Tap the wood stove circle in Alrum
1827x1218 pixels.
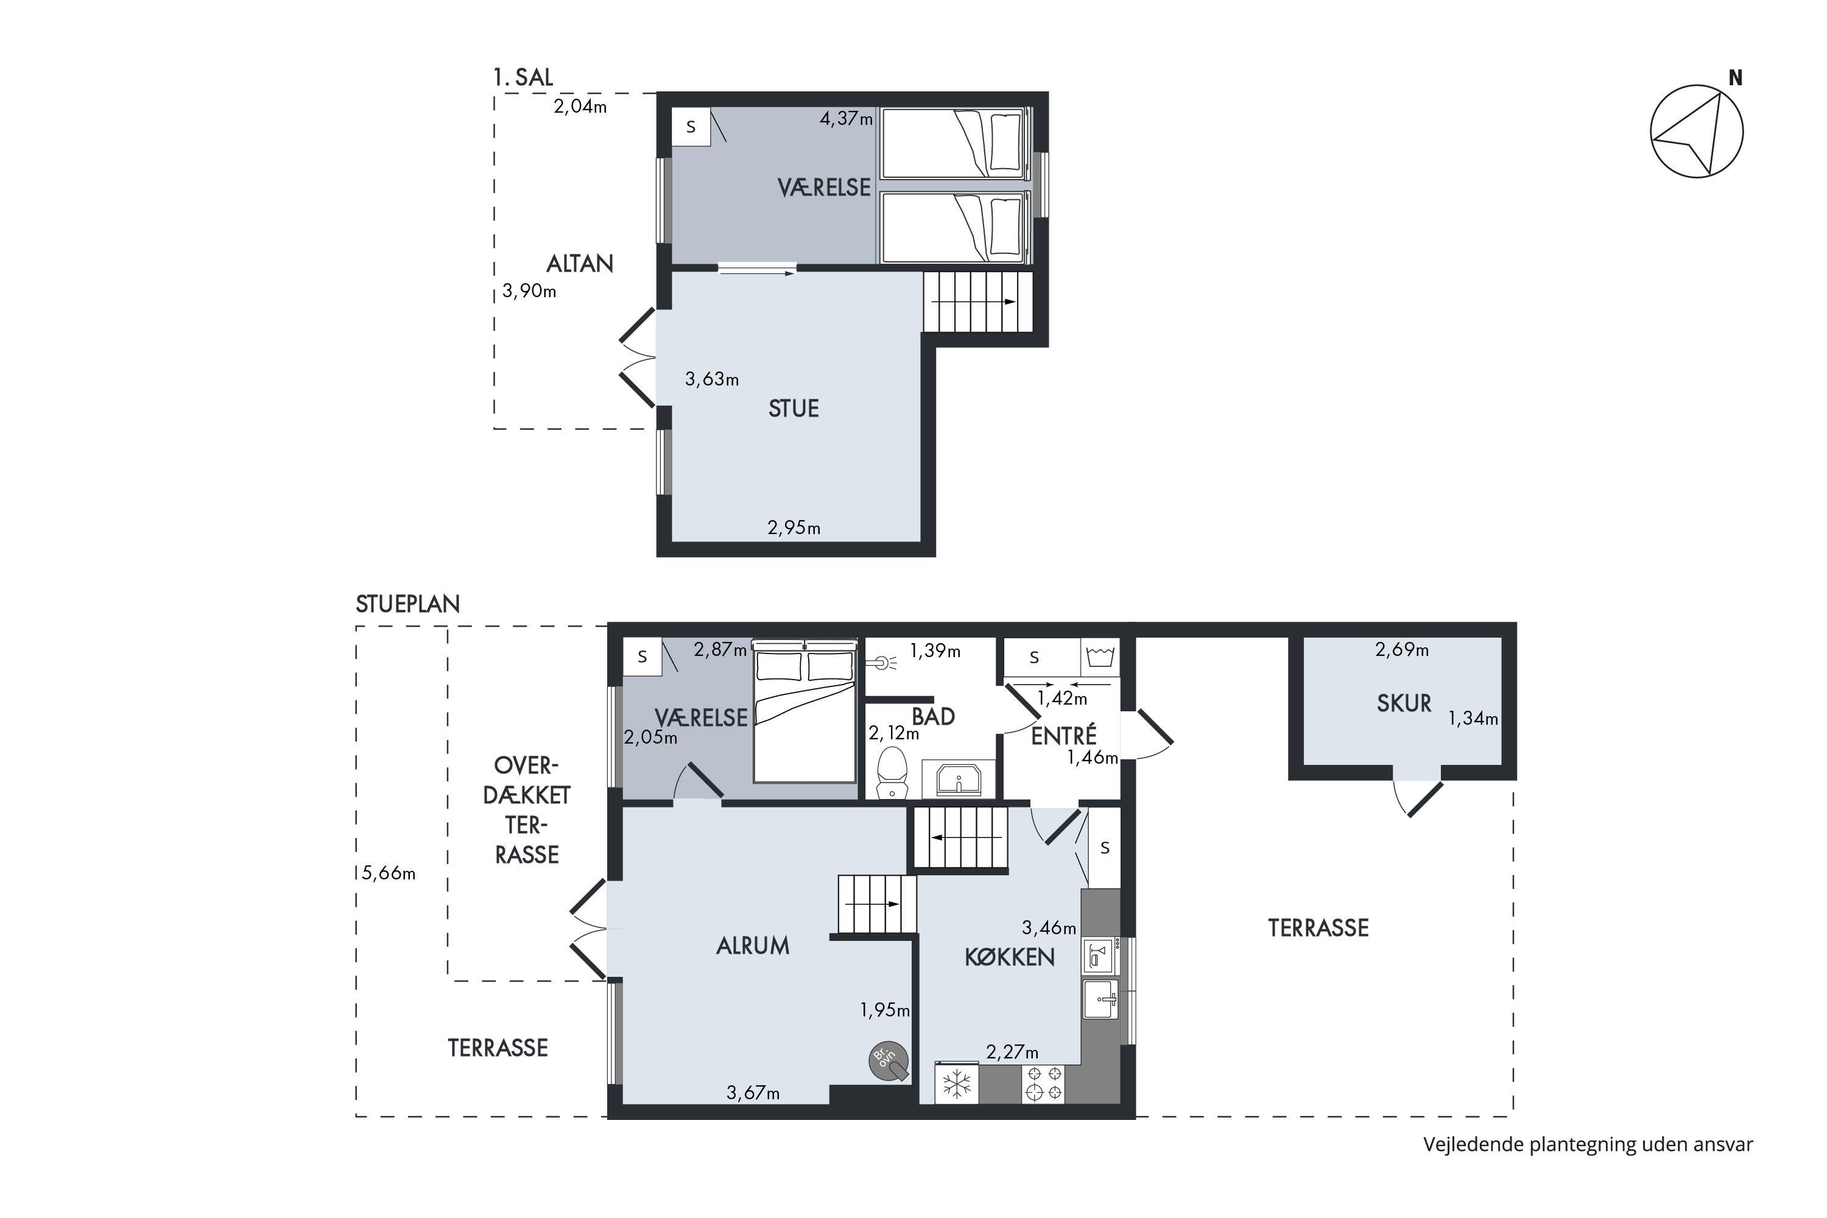(x=888, y=1060)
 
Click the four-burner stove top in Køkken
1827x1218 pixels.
(x=1044, y=1083)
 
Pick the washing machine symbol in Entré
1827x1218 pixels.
(x=1100, y=657)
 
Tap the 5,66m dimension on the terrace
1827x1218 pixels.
(x=389, y=873)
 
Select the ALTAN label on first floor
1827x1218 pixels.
(x=580, y=264)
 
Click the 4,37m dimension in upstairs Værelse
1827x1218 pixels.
(x=847, y=119)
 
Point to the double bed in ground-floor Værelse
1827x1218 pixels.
(x=804, y=711)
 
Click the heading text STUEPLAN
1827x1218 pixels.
(x=408, y=604)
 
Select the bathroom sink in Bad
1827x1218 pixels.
(x=959, y=778)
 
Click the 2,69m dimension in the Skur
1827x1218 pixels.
(x=1402, y=649)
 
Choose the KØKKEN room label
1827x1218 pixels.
(x=1010, y=957)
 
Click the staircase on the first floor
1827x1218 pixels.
(x=978, y=301)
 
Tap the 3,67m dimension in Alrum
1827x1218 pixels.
(x=753, y=1093)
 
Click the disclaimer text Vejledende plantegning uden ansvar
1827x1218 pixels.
(x=1588, y=1144)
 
